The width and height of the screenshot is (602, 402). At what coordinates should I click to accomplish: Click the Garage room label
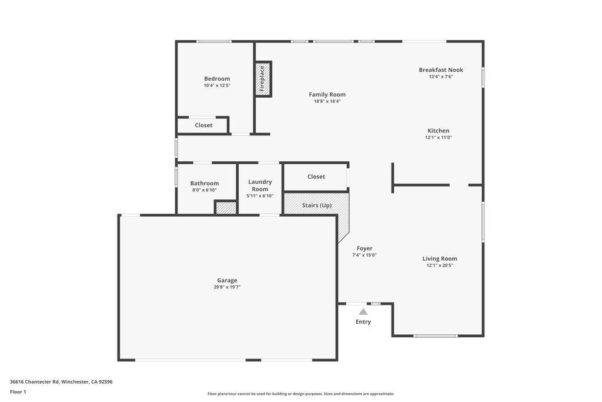click(227, 281)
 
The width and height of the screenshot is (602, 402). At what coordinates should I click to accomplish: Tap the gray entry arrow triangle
click(363, 312)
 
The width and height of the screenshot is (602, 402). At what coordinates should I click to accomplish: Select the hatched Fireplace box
click(263, 79)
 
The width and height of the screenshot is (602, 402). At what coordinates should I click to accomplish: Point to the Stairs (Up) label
click(317, 205)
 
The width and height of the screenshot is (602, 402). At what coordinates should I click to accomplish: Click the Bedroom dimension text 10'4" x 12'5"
click(217, 85)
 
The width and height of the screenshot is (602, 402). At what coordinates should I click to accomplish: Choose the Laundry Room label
click(260, 185)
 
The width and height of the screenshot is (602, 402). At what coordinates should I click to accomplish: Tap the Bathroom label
click(205, 183)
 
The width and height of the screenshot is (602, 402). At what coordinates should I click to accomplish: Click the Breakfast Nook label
click(441, 70)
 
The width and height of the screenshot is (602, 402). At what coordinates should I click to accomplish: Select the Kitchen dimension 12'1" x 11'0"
click(438, 138)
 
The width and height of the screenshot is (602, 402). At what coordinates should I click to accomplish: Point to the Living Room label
click(440, 258)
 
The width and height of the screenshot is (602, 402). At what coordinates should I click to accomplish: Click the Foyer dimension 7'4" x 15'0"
click(364, 255)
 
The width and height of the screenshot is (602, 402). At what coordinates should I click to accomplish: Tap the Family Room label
click(327, 94)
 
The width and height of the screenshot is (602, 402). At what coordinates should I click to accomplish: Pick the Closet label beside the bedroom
click(204, 125)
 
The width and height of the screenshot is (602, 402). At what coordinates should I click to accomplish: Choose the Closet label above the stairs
click(316, 177)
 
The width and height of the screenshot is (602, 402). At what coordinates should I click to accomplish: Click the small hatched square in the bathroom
click(225, 208)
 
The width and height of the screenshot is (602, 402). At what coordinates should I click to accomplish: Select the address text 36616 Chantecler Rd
click(35, 381)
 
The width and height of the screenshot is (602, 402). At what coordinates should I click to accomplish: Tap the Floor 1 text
click(18, 391)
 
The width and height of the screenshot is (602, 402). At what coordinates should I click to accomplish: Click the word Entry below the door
click(363, 322)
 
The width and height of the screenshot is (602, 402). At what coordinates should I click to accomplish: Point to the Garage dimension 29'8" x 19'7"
click(227, 287)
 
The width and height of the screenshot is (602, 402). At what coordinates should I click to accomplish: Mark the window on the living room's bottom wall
click(436, 335)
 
